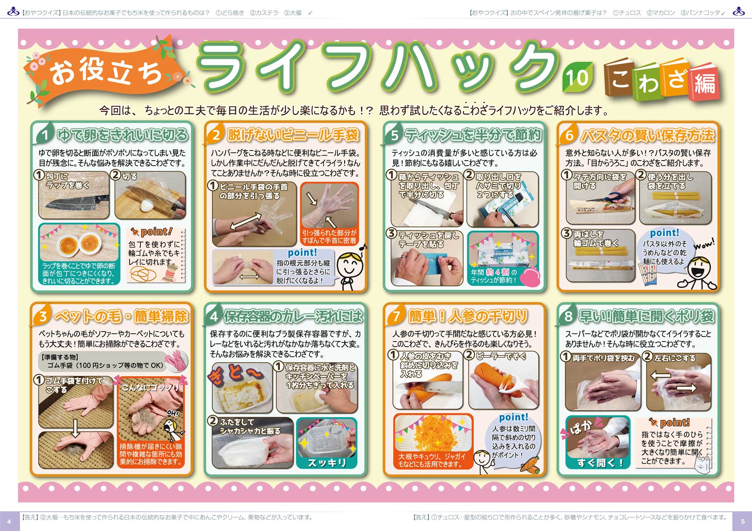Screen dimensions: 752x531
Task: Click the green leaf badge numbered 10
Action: point(577,77)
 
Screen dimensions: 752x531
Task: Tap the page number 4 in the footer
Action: point(9,521)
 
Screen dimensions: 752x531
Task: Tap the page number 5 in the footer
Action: point(743,521)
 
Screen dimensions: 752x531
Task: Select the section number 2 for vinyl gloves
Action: point(216,135)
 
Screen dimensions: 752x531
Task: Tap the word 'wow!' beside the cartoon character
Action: point(704,244)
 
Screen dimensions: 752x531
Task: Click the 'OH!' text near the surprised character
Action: point(173,414)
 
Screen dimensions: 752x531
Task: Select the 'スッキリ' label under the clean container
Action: point(327,463)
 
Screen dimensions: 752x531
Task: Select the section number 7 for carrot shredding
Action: point(396,316)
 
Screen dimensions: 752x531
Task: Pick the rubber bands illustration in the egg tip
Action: point(143,274)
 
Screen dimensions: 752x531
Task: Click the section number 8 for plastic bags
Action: point(568,316)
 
